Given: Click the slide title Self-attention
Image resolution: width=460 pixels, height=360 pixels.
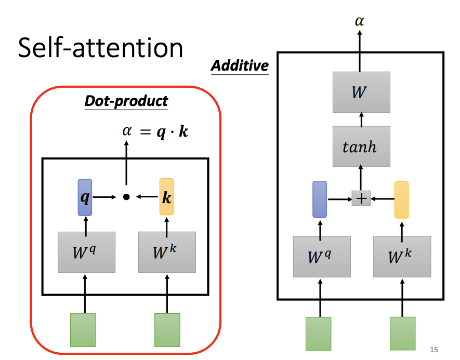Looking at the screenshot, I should coord(100,48).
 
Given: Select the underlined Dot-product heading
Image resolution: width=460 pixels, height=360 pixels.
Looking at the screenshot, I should coord(126,101).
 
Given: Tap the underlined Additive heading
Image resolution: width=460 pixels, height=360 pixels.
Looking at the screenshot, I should coord(240,66).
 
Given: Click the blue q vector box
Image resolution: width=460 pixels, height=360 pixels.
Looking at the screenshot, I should coord(84,197).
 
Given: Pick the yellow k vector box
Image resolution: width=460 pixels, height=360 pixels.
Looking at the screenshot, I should coord(166,197).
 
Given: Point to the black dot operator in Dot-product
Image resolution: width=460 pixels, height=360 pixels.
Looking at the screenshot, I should coord(126,197).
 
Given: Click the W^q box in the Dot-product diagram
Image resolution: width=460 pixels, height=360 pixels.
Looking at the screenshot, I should coord(86,252).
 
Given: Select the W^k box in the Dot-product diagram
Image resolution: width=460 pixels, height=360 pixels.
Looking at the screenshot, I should coord(167,252).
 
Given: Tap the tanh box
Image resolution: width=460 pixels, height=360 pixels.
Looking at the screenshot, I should coord(361,146).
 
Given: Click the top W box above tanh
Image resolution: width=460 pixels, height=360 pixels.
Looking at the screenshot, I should coord(361,92).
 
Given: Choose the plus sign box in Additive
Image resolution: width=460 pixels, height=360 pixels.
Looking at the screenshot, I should coord(361,198).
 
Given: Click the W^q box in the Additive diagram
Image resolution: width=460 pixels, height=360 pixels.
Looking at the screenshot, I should coord(321,257).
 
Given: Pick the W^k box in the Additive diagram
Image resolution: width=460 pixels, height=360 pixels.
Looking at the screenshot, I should coord(402,257).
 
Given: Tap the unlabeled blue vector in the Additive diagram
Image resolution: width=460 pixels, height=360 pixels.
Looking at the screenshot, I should coord(319,199).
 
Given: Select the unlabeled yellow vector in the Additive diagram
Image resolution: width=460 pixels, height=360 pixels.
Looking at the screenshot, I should coord(401,199).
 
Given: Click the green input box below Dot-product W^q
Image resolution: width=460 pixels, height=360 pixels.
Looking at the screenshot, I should coord(83,330).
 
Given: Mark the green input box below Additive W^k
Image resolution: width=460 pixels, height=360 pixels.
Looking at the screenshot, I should coord(402,333).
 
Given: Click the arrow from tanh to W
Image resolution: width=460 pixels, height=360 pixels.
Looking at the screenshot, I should coord(361,119).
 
